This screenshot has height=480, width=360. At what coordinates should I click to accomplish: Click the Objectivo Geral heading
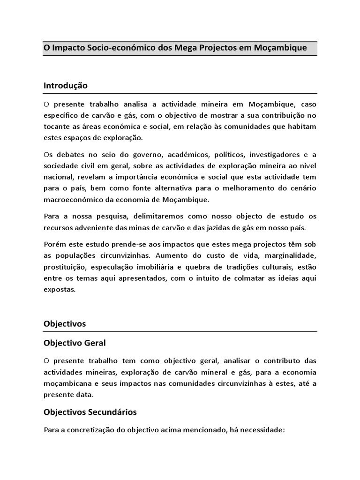(75, 343)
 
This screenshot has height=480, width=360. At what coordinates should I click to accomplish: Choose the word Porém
(54, 244)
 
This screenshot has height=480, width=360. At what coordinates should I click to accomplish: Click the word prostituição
(67, 267)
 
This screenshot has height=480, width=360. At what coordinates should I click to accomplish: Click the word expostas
(59, 289)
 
